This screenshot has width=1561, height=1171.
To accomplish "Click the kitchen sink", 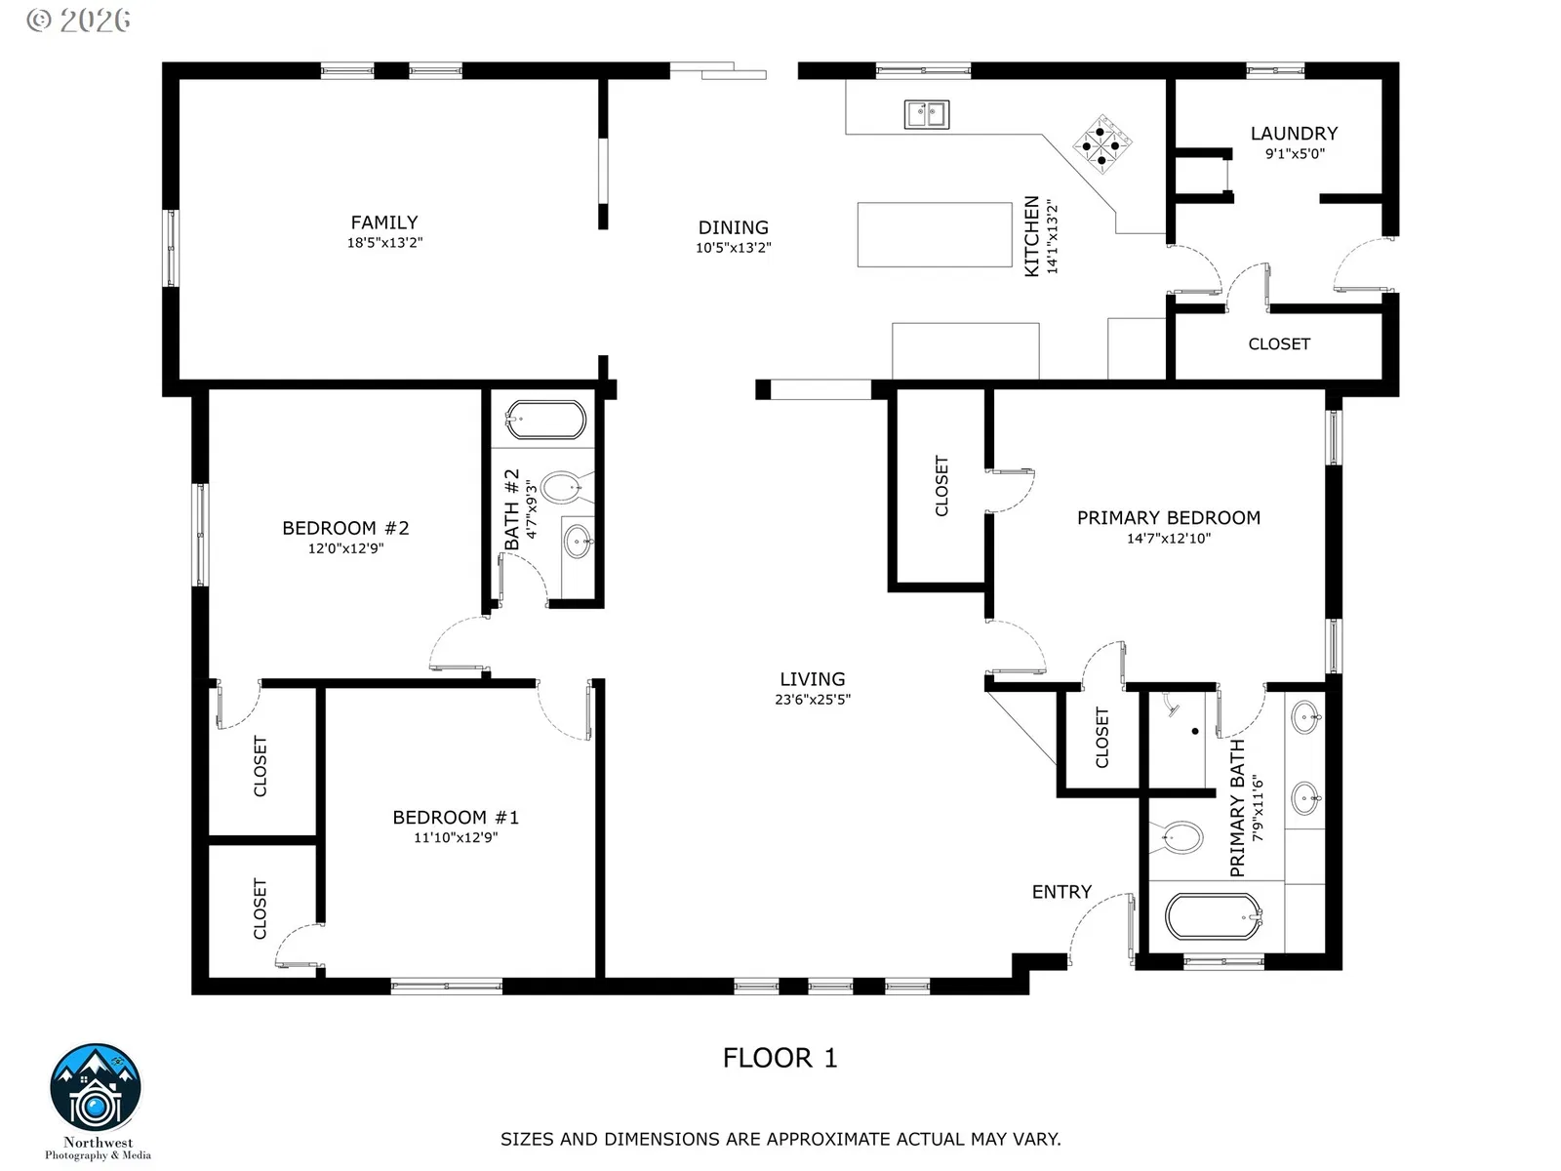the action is pyautogui.click(x=926, y=114).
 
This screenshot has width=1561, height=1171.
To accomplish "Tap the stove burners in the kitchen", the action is pyautogui.click(x=1101, y=144).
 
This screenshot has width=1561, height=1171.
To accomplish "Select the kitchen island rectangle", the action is pyautogui.click(x=935, y=234).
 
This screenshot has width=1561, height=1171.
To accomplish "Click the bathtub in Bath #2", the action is pyautogui.click(x=545, y=421).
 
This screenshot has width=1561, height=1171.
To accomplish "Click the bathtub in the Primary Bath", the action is pyautogui.click(x=1214, y=916).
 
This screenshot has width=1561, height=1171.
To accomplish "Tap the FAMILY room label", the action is pyautogui.click(x=384, y=222).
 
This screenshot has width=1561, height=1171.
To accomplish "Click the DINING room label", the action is pyautogui.click(x=734, y=227).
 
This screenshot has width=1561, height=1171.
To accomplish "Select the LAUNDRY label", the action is pyautogui.click(x=1295, y=134).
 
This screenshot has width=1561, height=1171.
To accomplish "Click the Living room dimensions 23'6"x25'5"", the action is pyautogui.click(x=813, y=700).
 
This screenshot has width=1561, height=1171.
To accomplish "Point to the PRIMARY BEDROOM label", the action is pyautogui.click(x=1169, y=517).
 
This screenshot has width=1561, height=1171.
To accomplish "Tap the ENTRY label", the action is pyautogui.click(x=1061, y=892).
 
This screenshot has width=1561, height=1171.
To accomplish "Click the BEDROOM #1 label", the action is pyautogui.click(x=456, y=818).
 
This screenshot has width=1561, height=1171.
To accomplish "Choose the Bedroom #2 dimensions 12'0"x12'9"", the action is pyautogui.click(x=345, y=548).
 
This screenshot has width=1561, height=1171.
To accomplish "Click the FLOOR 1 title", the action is pyautogui.click(x=780, y=1058).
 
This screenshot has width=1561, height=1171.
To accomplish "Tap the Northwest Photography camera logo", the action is pyautogui.click(x=96, y=1088).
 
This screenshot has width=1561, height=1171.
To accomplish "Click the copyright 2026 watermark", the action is pyautogui.click(x=78, y=20).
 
